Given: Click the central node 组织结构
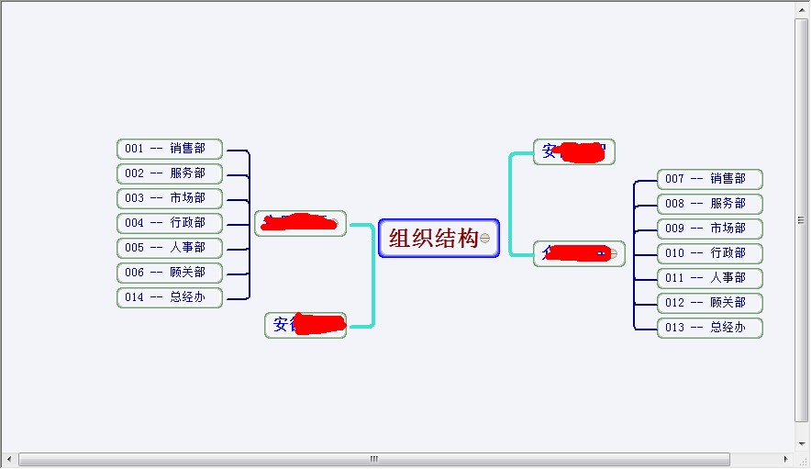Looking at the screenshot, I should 433,239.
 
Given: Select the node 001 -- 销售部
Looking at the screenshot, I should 170,149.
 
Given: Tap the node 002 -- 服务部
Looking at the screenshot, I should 170,173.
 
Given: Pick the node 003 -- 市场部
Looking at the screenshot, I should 170,198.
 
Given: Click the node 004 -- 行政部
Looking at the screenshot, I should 170,223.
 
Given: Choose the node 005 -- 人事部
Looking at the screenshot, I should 170,248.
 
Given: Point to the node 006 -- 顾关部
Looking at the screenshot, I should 170,273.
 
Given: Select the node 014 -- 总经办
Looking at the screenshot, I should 170,297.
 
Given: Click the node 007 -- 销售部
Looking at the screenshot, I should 710,179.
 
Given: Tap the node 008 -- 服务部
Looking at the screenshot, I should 710,204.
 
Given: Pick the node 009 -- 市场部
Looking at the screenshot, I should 710,229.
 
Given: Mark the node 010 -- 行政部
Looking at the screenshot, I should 710,253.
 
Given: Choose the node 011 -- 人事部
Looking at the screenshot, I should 710,278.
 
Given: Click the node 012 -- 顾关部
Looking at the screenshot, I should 710,303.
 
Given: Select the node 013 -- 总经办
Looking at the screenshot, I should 710,328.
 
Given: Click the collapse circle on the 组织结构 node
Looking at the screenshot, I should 485,239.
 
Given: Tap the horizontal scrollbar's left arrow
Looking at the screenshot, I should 9,459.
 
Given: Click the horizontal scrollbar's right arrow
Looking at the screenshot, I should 785,459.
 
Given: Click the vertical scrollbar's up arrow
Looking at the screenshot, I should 802,9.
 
